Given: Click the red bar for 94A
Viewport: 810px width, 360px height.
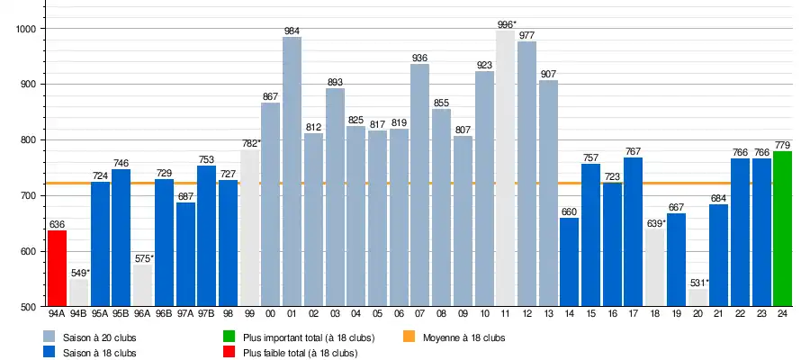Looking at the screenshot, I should click(x=57, y=268).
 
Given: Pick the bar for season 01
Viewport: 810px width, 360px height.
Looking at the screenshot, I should click(x=292, y=172).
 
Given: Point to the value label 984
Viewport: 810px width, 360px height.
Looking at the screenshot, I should click(x=292, y=31).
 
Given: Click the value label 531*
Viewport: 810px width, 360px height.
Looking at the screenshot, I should click(x=699, y=283).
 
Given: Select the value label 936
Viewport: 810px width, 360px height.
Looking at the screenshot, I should click(x=419, y=58).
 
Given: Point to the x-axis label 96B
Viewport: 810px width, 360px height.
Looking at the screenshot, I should click(x=164, y=314).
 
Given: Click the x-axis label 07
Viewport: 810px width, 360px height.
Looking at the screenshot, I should click(x=419, y=314).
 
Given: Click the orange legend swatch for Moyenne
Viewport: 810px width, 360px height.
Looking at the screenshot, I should click(x=409, y=337).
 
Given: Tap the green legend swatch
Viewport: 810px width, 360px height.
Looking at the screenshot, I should click(x=229, y=337).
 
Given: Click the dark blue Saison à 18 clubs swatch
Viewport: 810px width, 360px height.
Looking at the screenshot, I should click(x=50, y=353).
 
